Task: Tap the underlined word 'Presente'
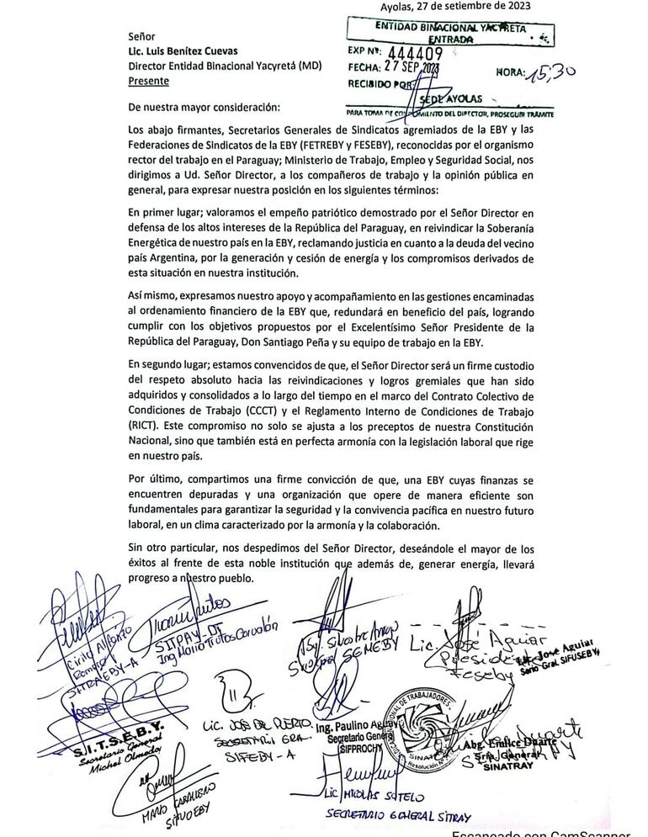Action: [149, 81]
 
